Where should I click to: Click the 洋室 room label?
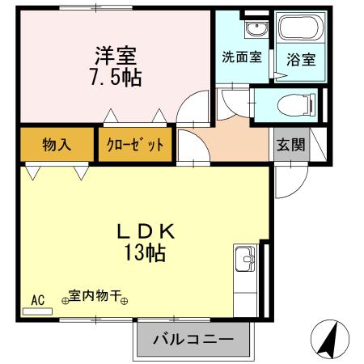coord(116,56)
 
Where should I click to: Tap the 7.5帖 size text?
coord(116,78)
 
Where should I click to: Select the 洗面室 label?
coord(242,57)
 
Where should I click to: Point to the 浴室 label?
coord(301,60)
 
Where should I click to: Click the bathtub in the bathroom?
coord(301,28)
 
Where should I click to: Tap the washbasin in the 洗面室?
coord(256,29)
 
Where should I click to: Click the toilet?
coord(296,105)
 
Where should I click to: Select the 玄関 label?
coord(290,145)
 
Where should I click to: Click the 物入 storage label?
coord(57,144)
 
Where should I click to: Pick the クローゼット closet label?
coord(135,145)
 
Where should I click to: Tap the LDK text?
coord(146,231)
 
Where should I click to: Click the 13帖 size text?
coord(145,252)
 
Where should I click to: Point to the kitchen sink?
coord(245,259)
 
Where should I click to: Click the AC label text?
coord(38,300)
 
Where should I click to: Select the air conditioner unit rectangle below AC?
coord(37,311)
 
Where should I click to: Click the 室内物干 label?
coord(94,296)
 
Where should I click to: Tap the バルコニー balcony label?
coord(193,339)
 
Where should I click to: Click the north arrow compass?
coord(329,339)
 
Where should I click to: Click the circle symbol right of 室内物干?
coord(124,301)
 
